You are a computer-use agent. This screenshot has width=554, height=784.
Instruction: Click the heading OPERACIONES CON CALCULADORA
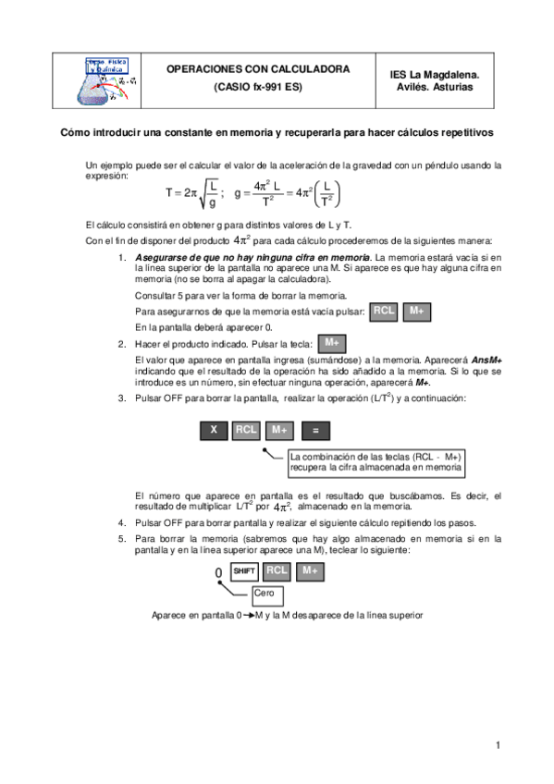257,69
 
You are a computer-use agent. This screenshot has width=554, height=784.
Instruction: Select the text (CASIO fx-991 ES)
257,87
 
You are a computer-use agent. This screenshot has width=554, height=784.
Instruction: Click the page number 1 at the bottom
498,745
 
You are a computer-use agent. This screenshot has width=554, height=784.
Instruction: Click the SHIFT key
244,570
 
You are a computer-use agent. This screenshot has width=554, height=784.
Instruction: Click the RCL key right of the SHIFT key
277,570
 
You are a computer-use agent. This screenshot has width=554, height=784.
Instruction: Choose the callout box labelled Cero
250,592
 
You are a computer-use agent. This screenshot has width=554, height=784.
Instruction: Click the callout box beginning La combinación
375,462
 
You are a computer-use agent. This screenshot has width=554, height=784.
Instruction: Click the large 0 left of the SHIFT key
218,573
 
